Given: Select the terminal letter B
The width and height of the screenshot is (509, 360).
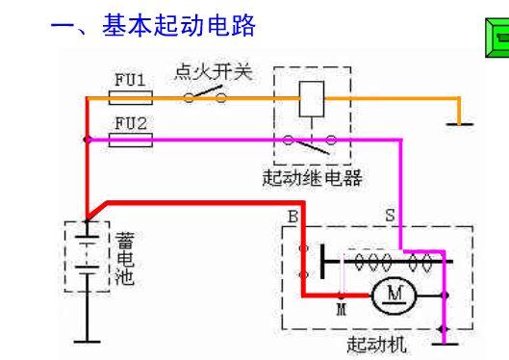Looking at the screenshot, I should click(292, 218).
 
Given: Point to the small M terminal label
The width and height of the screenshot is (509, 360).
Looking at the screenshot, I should click(342, 311).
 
